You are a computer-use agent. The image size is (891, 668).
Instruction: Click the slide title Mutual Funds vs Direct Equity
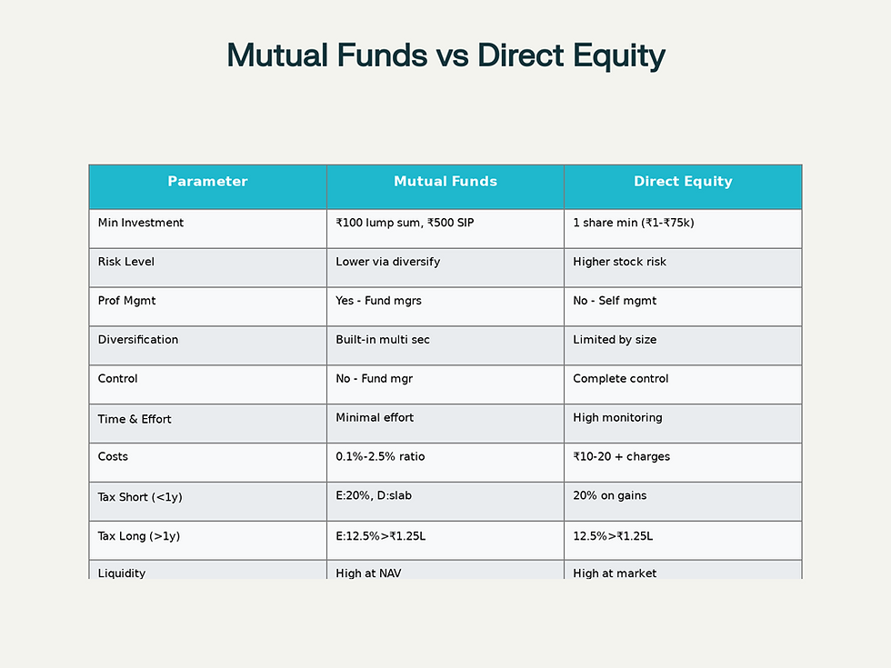(445, 56)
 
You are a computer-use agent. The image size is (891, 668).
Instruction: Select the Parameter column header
(207, 182)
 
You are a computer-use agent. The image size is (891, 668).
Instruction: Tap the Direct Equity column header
(683, 182)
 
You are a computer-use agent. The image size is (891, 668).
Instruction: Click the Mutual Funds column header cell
(445, 182)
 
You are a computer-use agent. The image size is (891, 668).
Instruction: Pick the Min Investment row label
(141, 223)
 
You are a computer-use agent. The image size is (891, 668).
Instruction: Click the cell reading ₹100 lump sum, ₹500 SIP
(405, 223)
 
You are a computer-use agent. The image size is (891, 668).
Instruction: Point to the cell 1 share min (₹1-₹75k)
(633, 223)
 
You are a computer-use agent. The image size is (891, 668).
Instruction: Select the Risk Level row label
(126, 262)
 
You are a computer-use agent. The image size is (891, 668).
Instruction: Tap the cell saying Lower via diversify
(387, 262)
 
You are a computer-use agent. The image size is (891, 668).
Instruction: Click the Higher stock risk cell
(619, 262)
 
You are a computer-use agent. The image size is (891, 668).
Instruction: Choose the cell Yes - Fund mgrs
(378, 301)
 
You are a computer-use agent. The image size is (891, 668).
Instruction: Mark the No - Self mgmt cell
(615, 301)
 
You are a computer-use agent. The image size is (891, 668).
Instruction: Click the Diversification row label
(138, 340)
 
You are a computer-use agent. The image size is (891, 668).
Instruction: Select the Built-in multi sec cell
(383, 340)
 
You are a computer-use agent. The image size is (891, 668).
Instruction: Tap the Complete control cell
(621, 379)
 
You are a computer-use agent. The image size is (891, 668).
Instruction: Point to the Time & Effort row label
(135, 419)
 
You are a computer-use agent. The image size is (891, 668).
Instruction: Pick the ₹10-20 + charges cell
(621, 457)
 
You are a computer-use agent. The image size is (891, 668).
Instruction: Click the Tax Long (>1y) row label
(139, 536)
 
